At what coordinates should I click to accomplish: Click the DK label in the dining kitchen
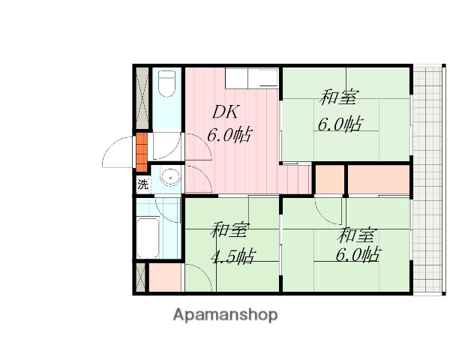(225, 112)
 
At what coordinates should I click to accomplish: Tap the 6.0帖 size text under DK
(229, 136)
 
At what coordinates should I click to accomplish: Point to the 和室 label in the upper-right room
(339, 97)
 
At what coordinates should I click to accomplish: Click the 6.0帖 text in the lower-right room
(357, 254)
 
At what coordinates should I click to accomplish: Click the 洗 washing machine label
(142, 183)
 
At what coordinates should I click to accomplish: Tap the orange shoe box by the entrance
(141, 151)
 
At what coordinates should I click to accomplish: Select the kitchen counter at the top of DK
(251, 77)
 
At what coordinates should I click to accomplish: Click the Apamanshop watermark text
(225, 315)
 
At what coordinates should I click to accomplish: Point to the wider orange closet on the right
(379, 179)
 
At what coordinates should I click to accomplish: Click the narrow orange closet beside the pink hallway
(329, 179)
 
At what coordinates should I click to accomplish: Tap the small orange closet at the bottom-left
(164, 277)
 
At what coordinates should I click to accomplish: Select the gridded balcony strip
(430, 180)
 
